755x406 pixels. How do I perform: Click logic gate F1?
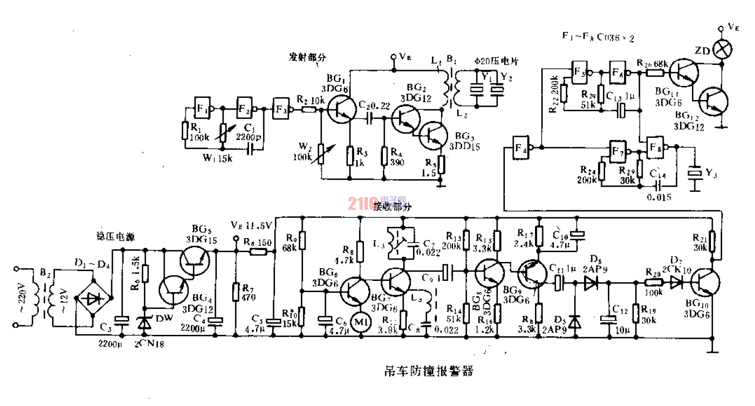coord(202,108)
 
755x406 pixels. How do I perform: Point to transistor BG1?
coord(341,109)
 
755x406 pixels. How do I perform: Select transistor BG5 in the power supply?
coord(195,261)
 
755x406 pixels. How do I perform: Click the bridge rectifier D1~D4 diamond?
coord(94,298)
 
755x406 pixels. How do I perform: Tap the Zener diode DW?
coord(144,323)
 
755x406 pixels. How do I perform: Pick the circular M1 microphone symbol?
coord(361,322)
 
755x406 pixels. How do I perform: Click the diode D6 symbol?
coord(591,283)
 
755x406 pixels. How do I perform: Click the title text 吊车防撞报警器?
coord(428,371)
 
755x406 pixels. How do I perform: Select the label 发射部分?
coord(307,58)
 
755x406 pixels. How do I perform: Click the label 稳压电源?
coord(116,236)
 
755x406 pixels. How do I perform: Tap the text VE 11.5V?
coord(251,225)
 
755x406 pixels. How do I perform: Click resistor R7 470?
coord(236,292)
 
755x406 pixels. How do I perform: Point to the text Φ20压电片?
coord(497,61)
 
